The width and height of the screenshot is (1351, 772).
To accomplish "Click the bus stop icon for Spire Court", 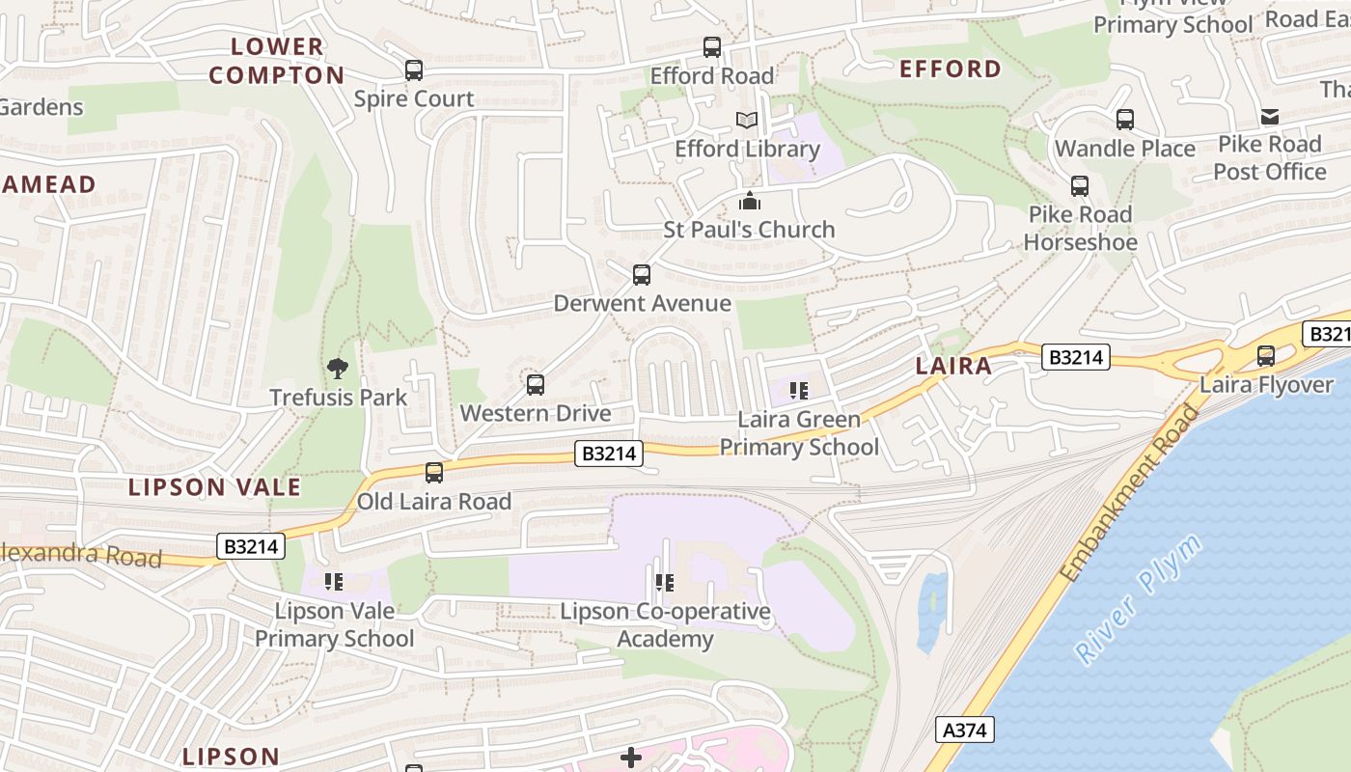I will (x=414, y=69).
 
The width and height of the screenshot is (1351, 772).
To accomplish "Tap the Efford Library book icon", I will (x=747, y=121).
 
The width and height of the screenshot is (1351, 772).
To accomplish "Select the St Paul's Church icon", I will (x=750, y=201).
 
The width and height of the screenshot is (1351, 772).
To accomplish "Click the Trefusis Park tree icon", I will (x=337, y=368).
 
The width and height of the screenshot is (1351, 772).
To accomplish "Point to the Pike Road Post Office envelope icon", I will (x=1270, y=117).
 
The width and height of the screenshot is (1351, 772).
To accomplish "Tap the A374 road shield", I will (x=965, y=730).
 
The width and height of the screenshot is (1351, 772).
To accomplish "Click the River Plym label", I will (x=1140, y=598).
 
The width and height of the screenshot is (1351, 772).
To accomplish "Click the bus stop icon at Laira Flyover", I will (x=1266, y=356).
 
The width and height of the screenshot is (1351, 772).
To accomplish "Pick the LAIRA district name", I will (x=953, y=366).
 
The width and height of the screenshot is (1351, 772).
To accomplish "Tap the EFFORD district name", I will (x=951, y=69).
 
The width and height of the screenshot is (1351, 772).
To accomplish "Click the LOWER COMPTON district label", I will (x=277, y=61).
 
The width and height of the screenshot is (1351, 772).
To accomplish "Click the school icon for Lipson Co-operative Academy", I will (x=664, y=582).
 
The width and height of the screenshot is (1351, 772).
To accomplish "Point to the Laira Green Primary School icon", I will (x=798, y=390).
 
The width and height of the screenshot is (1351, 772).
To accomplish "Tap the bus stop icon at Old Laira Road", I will (x=434, y=473).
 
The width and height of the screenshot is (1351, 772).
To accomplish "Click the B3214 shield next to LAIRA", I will (x=1075, y=358).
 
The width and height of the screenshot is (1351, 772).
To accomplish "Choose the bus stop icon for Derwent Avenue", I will (x=642, y=275).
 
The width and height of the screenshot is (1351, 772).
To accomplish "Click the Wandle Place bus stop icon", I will (x=1125, y=120).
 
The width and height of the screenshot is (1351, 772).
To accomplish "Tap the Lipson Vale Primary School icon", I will (x=334, y=581).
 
